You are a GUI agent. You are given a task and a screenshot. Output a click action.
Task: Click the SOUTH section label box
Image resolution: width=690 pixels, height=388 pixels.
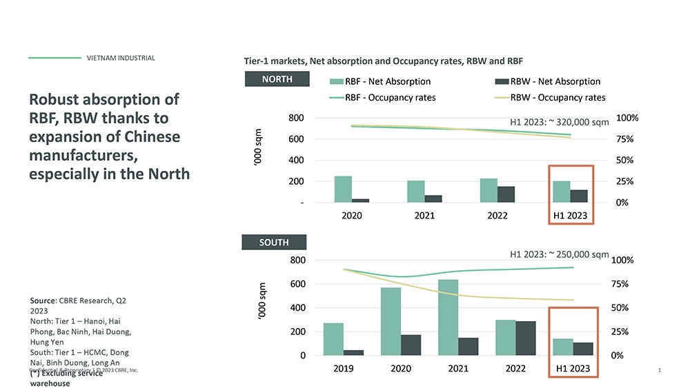(274, 243)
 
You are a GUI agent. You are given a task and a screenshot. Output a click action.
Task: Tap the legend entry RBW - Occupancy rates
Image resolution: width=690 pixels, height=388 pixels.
(551, 98)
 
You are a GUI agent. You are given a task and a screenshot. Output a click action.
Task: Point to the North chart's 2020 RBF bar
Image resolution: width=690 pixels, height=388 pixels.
(343, 189)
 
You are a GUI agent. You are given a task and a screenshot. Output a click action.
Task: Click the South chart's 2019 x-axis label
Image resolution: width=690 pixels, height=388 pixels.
(344, 369)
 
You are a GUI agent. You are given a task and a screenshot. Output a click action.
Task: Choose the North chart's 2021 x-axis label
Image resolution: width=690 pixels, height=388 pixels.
(424, 216)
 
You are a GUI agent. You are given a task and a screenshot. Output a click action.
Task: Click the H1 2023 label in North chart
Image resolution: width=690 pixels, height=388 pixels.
(571, 216)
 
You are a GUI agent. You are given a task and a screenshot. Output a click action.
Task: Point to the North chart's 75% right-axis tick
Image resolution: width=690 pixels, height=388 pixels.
(624, 139)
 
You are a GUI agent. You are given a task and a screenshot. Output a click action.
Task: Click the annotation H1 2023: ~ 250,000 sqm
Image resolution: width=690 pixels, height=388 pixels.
(559, 254)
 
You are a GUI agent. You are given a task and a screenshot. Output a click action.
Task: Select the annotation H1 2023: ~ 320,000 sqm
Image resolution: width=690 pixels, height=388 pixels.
(559, 123)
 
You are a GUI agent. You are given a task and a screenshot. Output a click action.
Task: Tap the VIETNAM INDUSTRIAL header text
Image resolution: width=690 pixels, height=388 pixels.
(121, 58)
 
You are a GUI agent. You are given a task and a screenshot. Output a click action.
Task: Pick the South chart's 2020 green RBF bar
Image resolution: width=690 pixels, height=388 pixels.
(391, 321)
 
